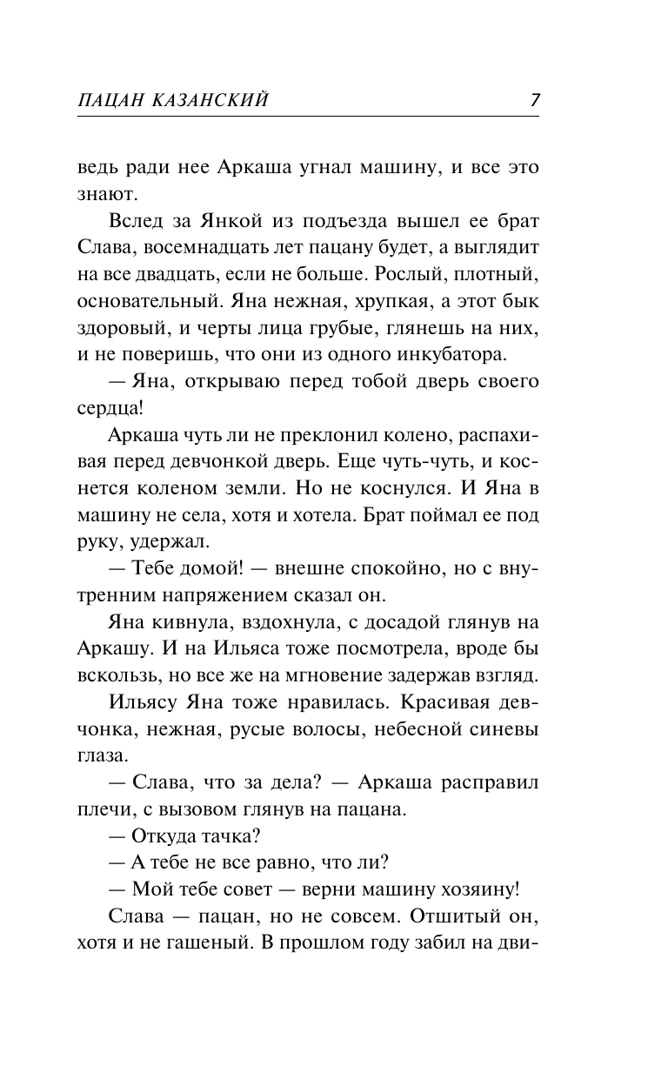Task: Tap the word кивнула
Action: pos(188,620)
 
